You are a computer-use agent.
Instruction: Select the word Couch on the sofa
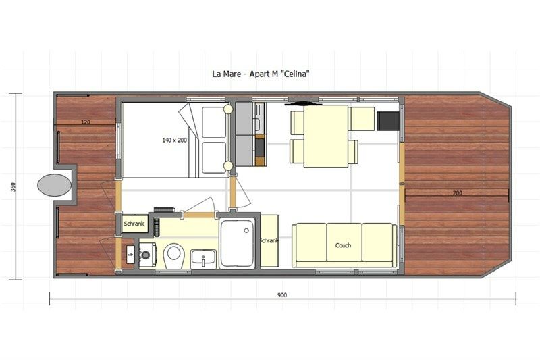tap(344, 245)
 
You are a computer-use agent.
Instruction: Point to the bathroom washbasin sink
tap(202, 257)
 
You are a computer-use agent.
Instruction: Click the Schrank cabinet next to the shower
tap(269, 240)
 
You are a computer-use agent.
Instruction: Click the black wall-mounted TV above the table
tap(304, 104)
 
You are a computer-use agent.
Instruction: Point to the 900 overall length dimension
tap(282, 294)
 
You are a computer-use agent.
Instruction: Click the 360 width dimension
tap(15, 186)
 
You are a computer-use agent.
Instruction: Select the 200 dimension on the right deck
tap(458, 193)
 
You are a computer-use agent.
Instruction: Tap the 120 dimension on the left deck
tap(86, 122)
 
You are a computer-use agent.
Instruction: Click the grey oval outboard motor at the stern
tap(55, 185)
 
